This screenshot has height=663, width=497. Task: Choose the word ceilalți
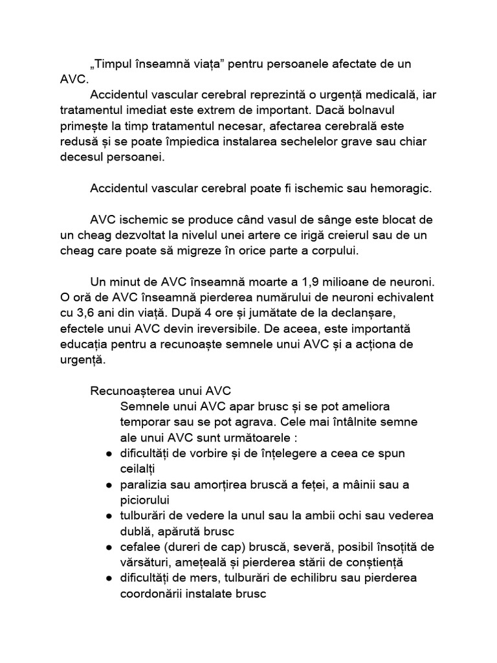(138, 468)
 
